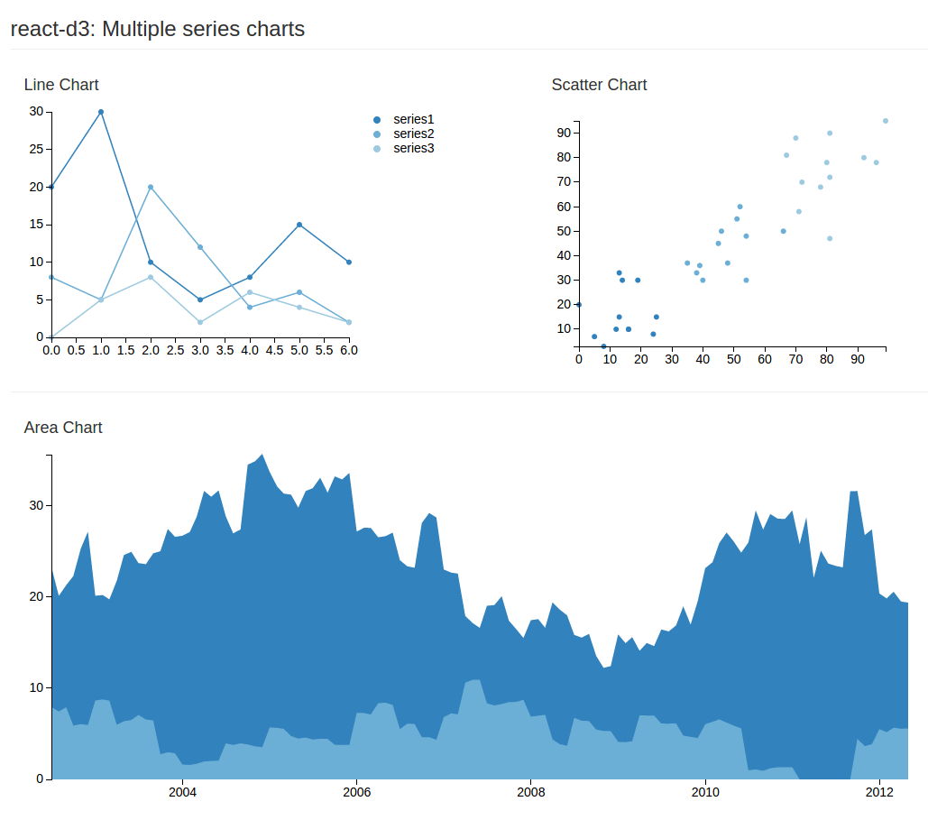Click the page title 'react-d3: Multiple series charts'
158,29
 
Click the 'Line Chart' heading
61,85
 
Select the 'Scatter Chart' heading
599,85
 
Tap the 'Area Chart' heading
63,428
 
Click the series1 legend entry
413,119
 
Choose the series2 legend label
413,134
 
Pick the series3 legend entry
413,148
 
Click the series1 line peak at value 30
101,112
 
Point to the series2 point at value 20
151,187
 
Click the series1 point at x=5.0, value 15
299,225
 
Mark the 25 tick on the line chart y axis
36,149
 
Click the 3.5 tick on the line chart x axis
225,350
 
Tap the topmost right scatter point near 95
886,121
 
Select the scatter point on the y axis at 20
579,305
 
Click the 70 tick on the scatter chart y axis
562,182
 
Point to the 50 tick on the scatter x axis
733,359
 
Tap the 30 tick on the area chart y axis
36,505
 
